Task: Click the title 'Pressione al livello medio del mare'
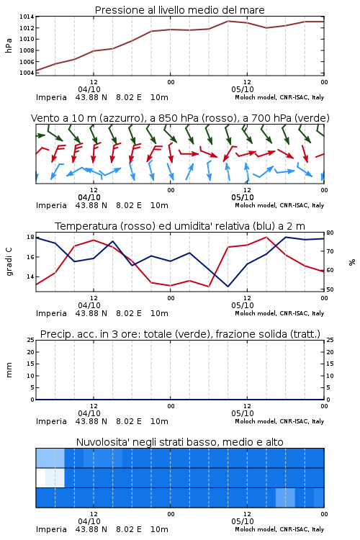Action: [179, 10]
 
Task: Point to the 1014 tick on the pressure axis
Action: [27, 17]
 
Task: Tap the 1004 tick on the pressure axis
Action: [27, 73]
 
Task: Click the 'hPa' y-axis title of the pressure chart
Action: [9, 45]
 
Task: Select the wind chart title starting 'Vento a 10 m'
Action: [180, 118]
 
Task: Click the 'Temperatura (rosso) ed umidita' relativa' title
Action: [180, 226]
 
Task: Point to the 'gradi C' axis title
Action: [9, 262]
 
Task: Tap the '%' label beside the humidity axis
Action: [352, 262]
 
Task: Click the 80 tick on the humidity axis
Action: [330, 233]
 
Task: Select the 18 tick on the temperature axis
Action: [30, 237]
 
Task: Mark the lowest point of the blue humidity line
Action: [228, 287]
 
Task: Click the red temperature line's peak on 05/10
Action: [266, 237]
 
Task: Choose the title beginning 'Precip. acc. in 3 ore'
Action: [180, 334]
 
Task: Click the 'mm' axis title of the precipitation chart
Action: [9, 370]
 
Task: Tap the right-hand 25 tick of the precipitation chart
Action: [330, 340]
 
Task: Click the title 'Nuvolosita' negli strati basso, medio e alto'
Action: [179, 442]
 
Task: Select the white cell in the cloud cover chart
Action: [40, 478]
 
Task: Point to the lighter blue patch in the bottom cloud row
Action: [285, 498]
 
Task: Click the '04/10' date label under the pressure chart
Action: [89, 89]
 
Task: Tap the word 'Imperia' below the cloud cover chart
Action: [51, 529]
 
